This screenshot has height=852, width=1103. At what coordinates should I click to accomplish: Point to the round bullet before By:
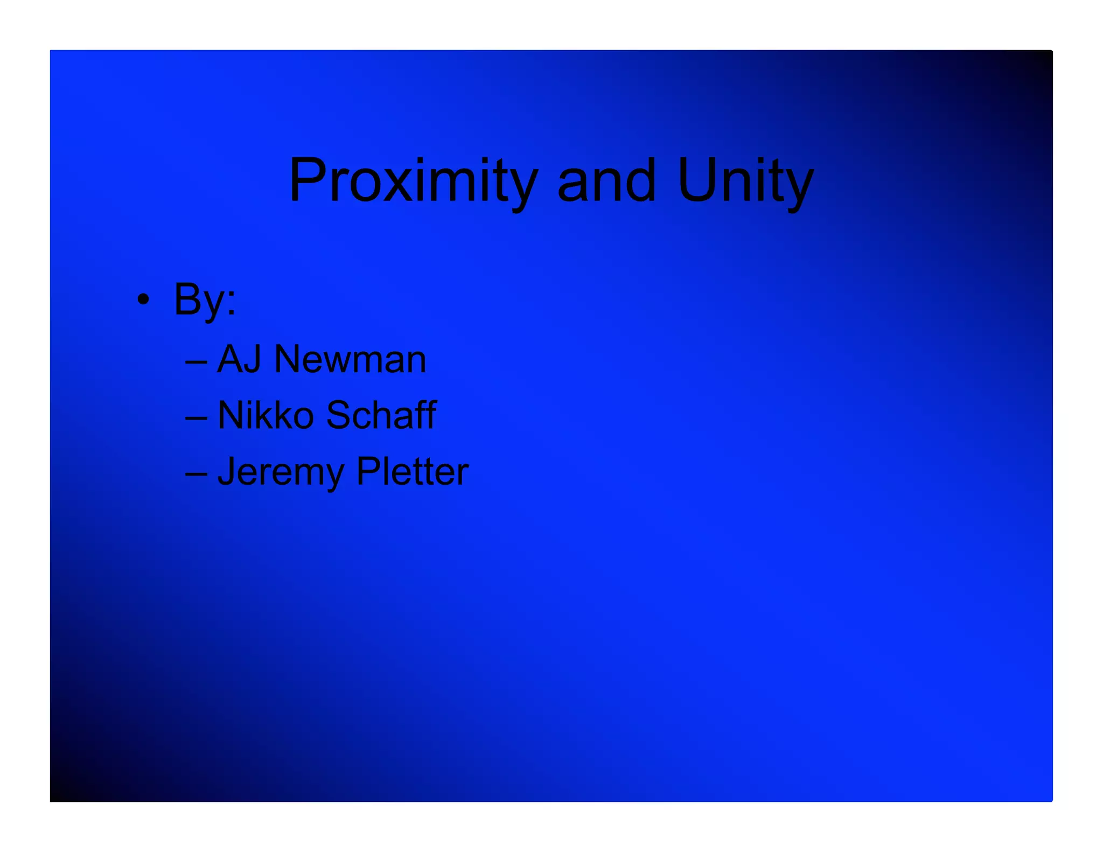click(143, 299)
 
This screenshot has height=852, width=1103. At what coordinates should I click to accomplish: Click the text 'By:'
click(205, 299)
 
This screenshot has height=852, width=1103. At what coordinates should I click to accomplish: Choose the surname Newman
click(350, 359)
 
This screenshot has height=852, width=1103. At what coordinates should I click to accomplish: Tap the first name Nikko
click(266, 415)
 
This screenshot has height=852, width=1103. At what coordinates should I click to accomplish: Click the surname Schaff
click(381, 415)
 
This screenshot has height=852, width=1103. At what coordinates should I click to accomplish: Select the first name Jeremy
click(280, 472)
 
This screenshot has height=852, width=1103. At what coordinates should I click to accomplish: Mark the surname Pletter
click(413, 472)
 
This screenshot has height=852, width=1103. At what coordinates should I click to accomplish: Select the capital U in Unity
click(697, 181)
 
